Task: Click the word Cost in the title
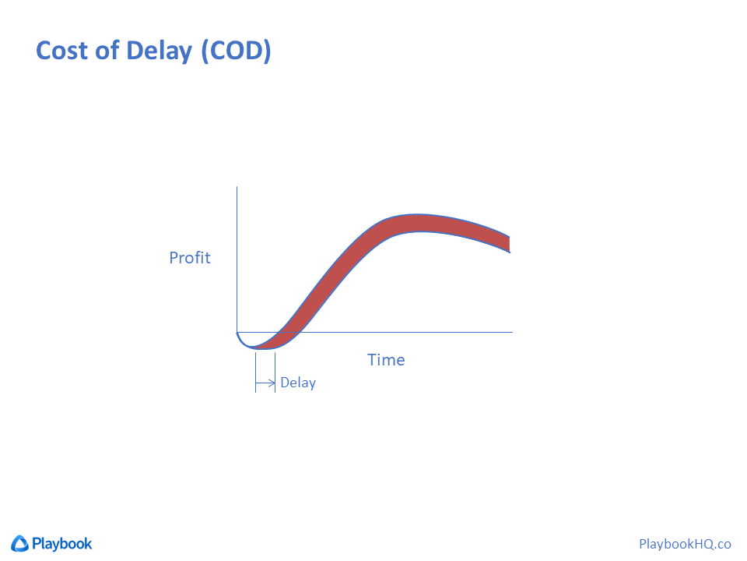(62, 51)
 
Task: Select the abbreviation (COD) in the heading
(237, 51)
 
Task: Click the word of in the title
(107, 50)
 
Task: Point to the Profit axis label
(190, 258)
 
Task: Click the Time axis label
(386, 360)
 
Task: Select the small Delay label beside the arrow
(298, 383)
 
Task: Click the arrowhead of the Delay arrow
(272, 383)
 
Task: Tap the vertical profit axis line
(237, 259)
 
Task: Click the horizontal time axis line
(374, 332)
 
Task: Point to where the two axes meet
(237, 332)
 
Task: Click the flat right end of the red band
(510, 244)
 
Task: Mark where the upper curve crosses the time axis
(279, 332)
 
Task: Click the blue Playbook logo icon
(19, 543)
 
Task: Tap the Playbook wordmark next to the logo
(62, 544)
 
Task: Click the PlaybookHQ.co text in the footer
(685, 544)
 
